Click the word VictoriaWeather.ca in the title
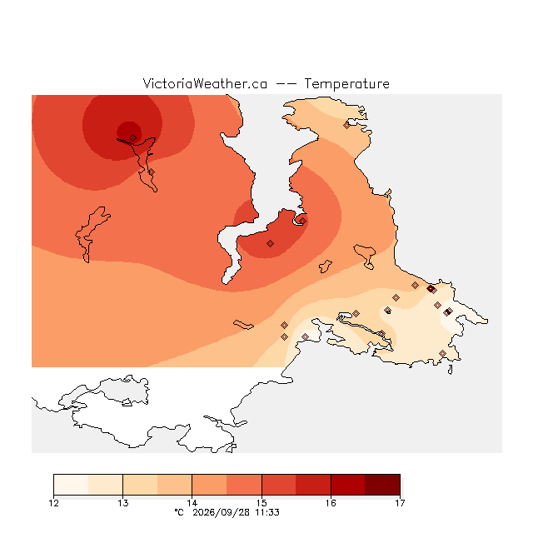(x=205, y=83)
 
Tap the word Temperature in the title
(x=346, y=83)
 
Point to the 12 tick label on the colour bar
(x=54, y=503)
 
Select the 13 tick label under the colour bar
(x=123, y=503)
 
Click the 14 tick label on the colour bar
(x=192, y=503)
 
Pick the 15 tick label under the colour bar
(x=262, y=503)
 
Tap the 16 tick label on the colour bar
(x=331, y=503)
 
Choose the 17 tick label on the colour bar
(x=400, y=503)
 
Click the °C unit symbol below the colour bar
(x=179, y=512)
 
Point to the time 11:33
(x=267, y=512)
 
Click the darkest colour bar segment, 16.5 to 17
(x=382, y=485)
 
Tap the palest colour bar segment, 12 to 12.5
(x=71, y=485)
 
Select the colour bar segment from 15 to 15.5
(x=279, y=485)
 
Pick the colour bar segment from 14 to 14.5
(x=209, y=485)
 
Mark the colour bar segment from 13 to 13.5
(x=141, y=485)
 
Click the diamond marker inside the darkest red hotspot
(x=133, y=137)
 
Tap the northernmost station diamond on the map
(x=346, y=126)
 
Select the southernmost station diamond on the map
(x=442, y=353)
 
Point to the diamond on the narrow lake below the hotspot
(x=152, y=172)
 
